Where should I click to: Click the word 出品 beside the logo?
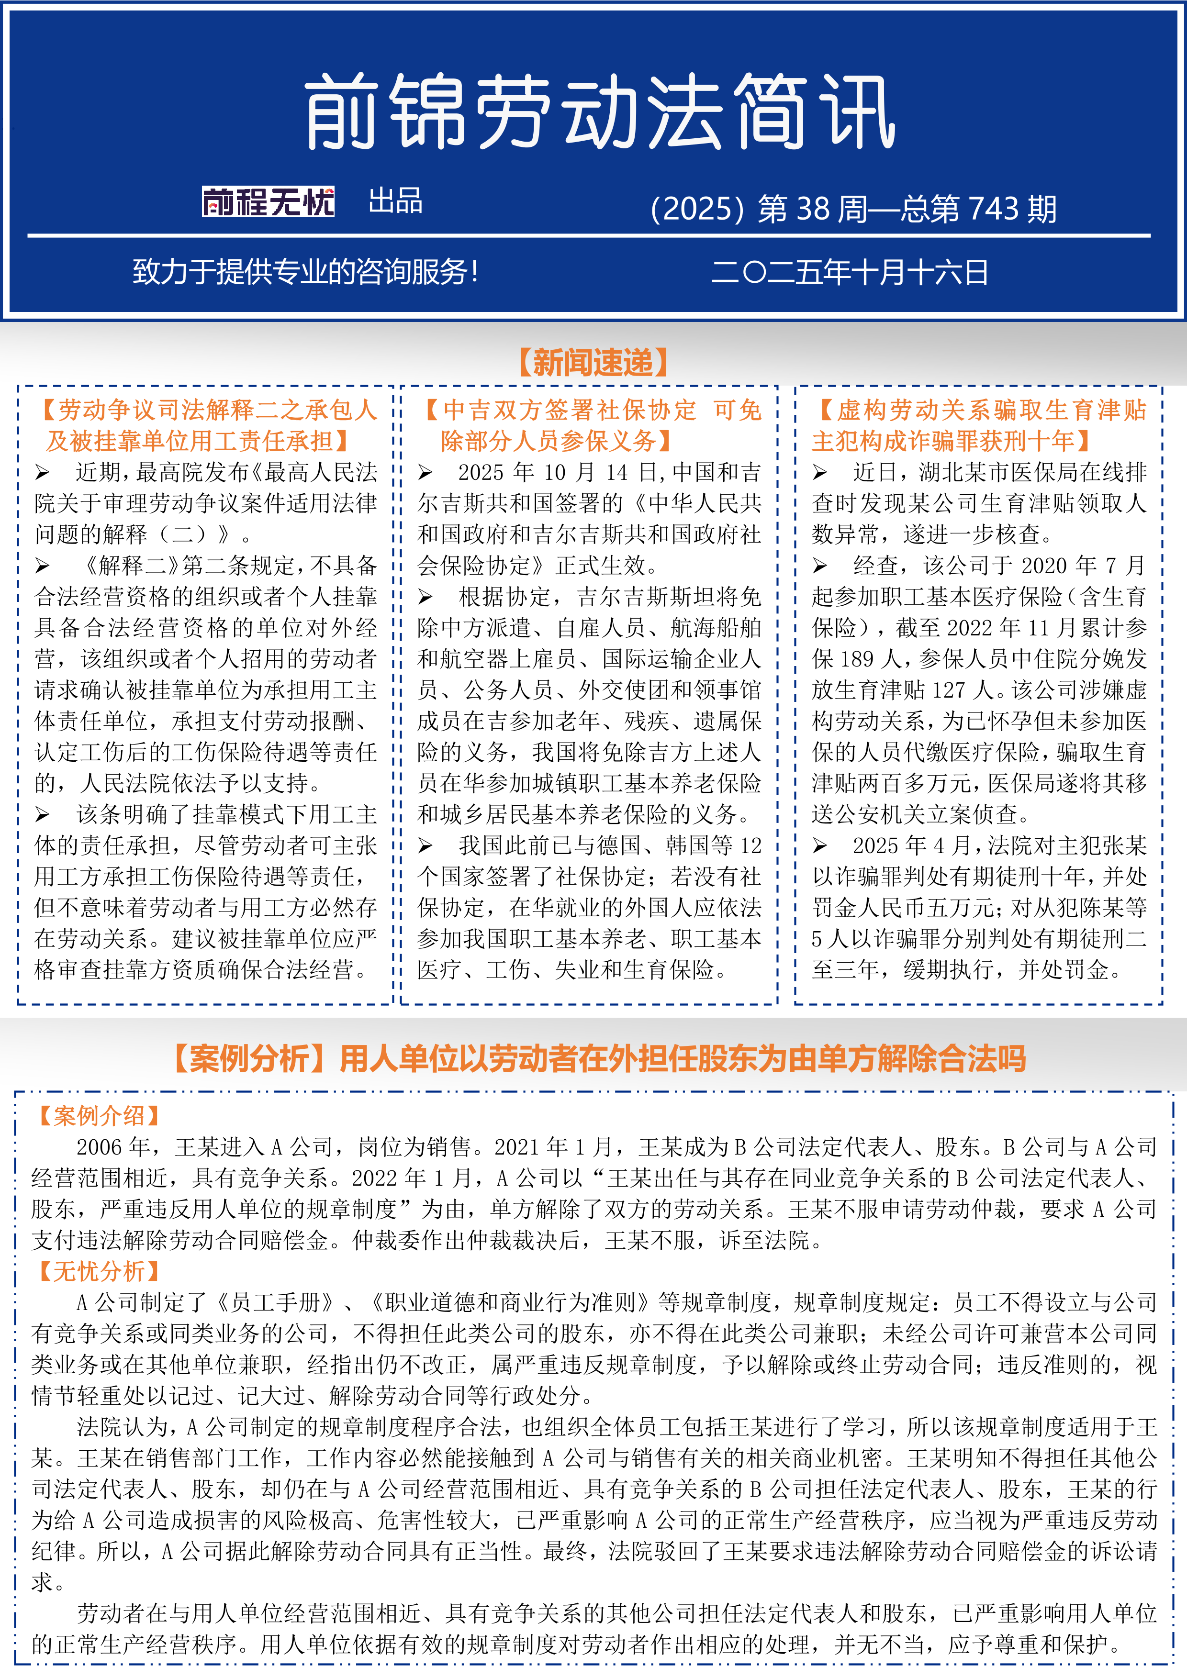(x=395, y=201)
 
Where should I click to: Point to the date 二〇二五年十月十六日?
(x=849, y=273)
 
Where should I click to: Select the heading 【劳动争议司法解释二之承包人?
(x=206, y=410)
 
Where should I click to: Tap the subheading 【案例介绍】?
(x=99, y=1115)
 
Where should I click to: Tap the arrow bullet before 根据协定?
(x=426, y=598)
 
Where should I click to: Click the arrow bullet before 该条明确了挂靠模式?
(x=43, y=815)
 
